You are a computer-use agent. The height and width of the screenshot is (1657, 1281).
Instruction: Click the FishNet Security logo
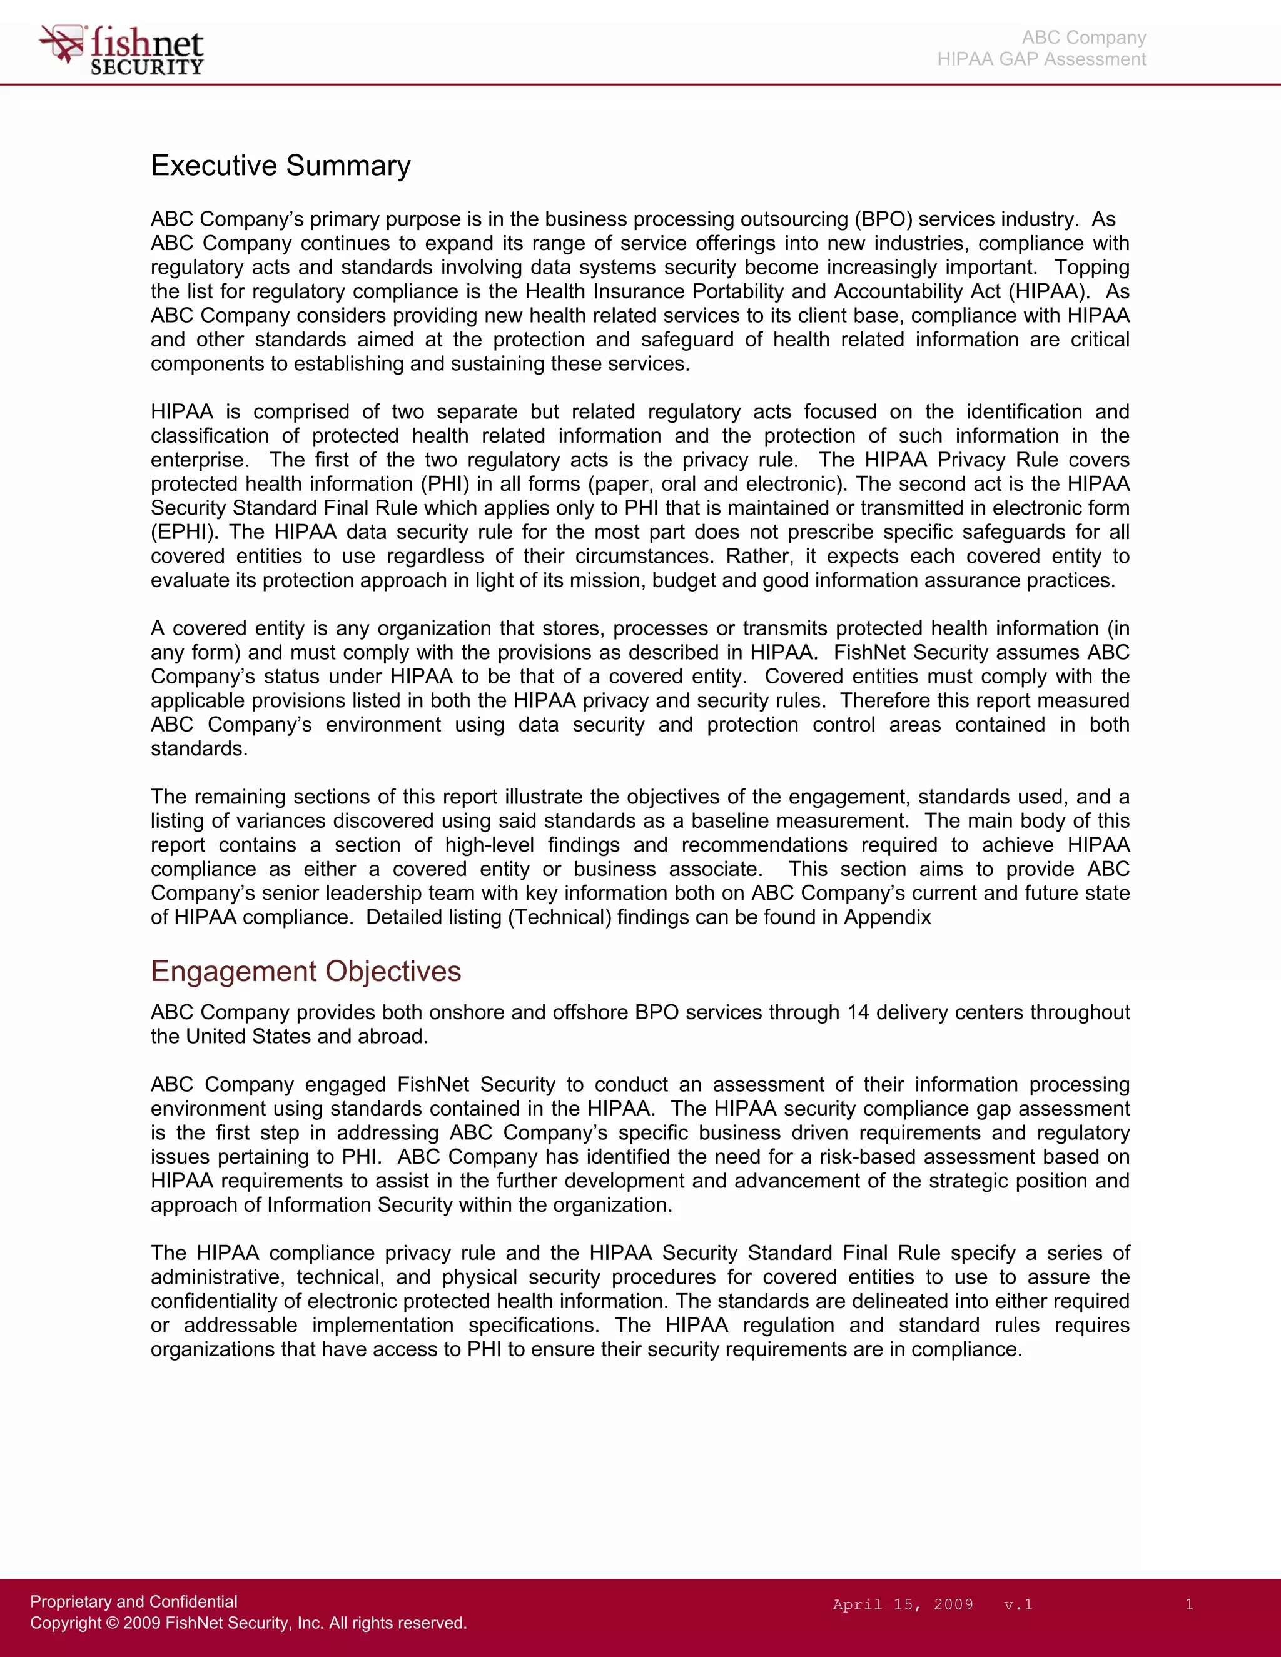tap(121, 50)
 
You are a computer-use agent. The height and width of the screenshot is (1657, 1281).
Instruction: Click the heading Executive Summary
tap(280, 166)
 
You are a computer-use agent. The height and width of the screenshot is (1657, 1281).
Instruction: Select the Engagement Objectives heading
tap(305, 971)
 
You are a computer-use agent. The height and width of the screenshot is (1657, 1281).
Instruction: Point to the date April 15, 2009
tap(903, 1604)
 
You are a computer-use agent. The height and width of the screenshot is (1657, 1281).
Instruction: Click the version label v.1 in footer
tap(1018, 1604)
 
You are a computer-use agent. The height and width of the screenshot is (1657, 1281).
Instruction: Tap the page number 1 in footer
tap(1188, 1604)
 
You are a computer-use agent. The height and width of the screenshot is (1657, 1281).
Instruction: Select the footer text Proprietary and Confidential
tap(134, 1601)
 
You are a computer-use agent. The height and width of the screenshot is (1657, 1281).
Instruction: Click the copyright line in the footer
tap(248, 1623)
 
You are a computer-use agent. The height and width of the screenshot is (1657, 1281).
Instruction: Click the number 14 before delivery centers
tap(858, 1012)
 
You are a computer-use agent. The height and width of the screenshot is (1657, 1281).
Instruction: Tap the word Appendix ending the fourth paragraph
tap(887, 917)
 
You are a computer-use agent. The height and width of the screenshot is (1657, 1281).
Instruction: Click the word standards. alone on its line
tap(199, 749)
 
